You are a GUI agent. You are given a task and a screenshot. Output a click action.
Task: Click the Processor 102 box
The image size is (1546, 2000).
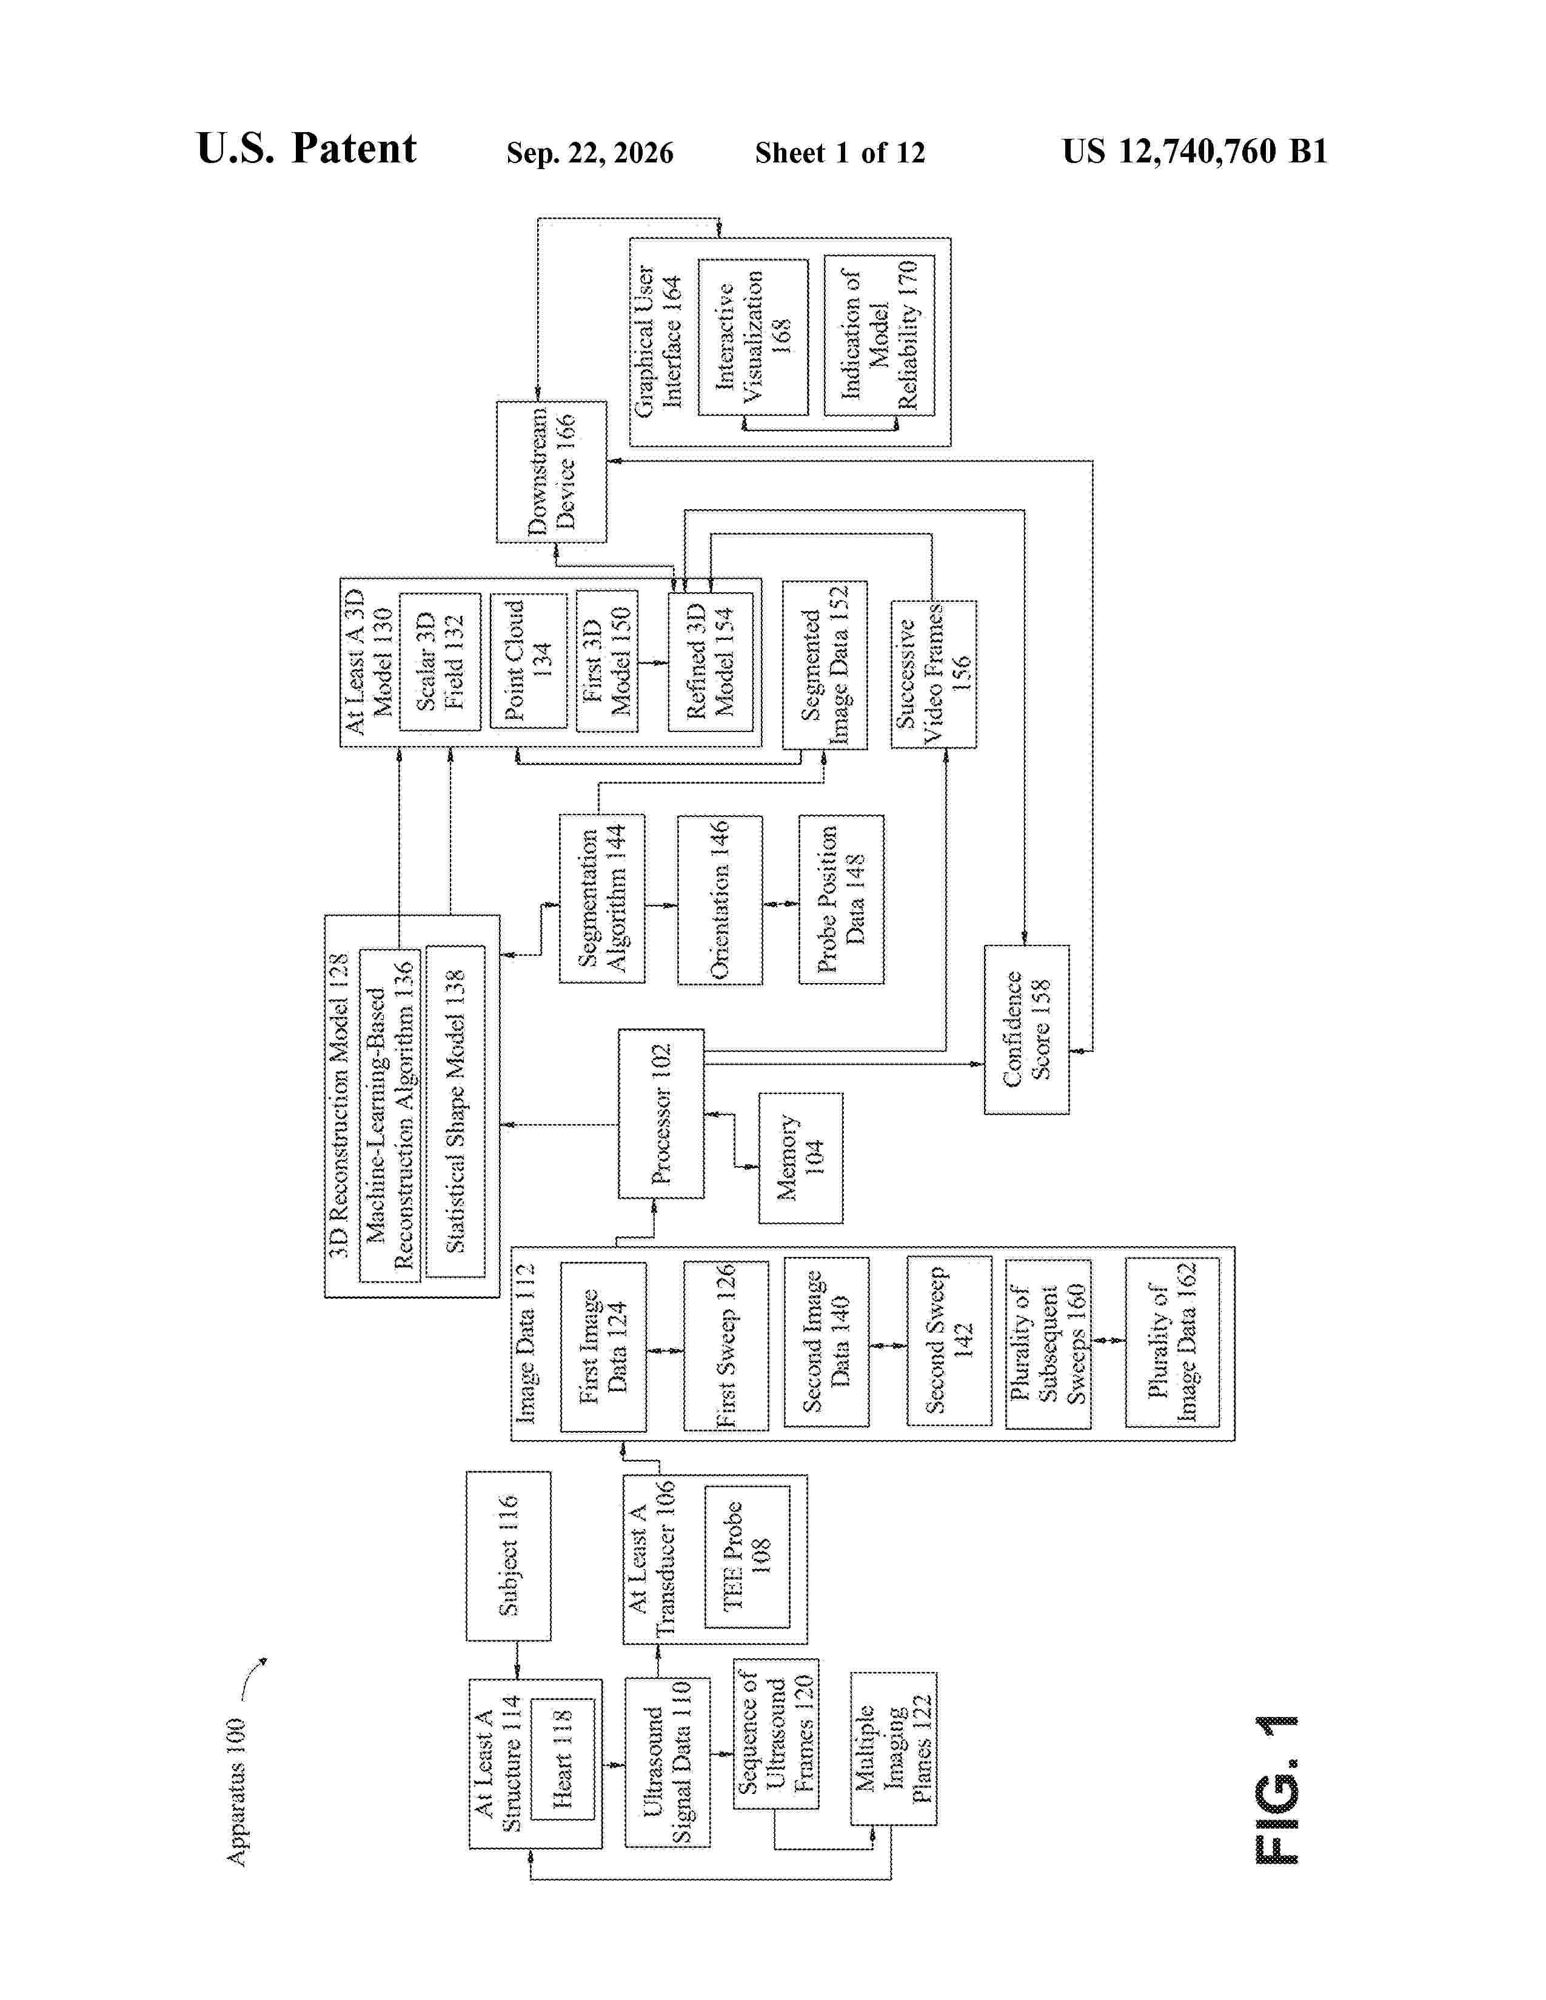point(660,1113)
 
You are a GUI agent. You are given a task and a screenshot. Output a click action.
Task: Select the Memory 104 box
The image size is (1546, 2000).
point(800,1158)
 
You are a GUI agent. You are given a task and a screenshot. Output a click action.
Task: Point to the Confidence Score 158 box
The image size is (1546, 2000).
point(1026,1029)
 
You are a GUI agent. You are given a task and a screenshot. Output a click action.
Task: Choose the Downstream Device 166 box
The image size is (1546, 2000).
point(551,472)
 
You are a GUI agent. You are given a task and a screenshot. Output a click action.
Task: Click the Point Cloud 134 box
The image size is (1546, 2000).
point(529,661)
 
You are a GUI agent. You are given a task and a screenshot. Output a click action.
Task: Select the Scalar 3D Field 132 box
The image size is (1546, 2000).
point(440,662)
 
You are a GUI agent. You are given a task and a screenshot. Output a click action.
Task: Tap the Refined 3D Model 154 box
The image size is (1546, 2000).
point(711,662)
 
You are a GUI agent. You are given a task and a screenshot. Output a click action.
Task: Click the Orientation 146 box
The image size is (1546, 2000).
point(720,900)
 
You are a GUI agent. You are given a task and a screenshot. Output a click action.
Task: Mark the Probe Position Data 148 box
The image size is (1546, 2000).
point(842,899)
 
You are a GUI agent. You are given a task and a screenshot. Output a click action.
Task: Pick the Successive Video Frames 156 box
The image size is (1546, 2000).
point(933,674)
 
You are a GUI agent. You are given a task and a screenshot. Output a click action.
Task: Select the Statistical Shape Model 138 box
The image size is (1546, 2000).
point(455,1112)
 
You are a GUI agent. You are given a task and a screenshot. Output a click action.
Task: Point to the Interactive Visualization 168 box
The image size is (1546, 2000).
point(753,337)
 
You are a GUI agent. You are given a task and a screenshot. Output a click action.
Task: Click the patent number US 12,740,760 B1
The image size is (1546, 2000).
point(1194,151)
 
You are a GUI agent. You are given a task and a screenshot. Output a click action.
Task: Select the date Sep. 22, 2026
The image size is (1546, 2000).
point(590,153)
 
